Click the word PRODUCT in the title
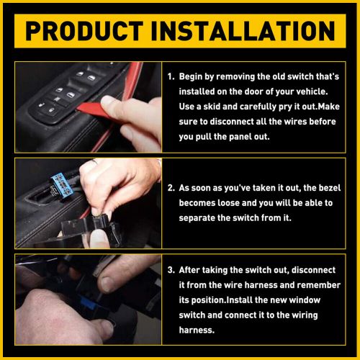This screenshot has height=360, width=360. tap(84, 31)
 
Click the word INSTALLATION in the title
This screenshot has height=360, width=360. tap(243, 31)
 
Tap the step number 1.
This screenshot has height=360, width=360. tap(171, 76)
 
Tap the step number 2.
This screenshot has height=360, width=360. tap(171, 188)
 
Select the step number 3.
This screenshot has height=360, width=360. tap(171, 270)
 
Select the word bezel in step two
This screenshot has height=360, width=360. tap(329, 188)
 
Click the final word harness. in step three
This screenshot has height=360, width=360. tap(197, 330)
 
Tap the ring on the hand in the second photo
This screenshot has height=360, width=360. tap(94, 162)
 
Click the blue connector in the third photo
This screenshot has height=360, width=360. tap(88, 304)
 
